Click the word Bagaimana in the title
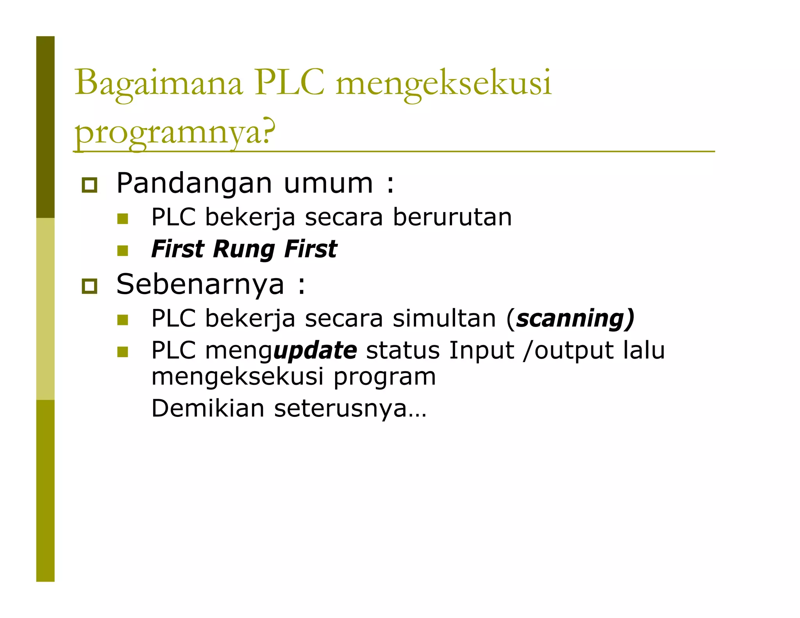tap(159, 83)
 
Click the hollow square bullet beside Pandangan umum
tap(89, 185)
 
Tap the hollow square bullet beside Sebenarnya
tap(89, 286)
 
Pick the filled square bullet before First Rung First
tap(123, 250)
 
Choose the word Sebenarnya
tap(200, 284)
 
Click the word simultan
tap(444, 318)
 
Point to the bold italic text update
tap(315, 350)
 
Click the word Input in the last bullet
tap(481, 350)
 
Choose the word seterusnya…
tap(350, 408)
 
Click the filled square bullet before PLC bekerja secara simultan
tap(123, 320)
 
